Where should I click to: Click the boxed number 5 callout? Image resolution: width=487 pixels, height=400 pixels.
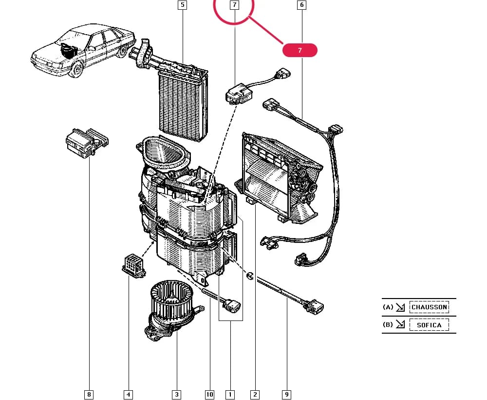pyautogui.click(x=182, y=5)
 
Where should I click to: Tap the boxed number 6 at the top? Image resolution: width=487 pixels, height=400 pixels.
pyautogui.click(x=301, y=5)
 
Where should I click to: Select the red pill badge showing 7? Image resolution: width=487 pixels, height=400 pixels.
pyautogui.click(x=300, y=50)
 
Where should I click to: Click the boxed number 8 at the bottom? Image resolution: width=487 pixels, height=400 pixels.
pyautogui.click(x=89, y=395)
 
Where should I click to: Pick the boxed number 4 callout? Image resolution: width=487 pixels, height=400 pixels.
pyautogui.click(x=128, y=395)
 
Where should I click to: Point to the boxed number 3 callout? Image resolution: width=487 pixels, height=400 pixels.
pyautogui.click(x=177, y=395)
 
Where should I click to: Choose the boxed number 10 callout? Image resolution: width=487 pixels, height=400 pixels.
pyautogui.click(x=209, y=395)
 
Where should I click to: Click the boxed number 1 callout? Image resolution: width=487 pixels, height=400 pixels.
pyautogui.click(x=230, y=395)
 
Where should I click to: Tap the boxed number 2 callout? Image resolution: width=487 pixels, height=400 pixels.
pyautogui.click(x=255, y=395)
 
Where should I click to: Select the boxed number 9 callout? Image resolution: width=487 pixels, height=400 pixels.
pyautogui.click(x=287, y=395)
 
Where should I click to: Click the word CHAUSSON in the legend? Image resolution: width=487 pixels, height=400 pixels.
pyautogui.click(x=429, y=307)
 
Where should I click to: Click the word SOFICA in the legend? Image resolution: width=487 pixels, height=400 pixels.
pyautogui.click(x=429, y=325)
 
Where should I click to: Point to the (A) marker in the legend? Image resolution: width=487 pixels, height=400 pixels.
pyautogui.click(x=388, y=307)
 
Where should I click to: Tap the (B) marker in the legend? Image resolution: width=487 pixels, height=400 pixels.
pyautogui.click(x=388, y=325)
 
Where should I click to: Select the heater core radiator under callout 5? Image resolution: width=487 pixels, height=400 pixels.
pyautogui.click(x=183, y=102)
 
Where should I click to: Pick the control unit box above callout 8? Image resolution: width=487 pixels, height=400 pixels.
pyautogui.click(x=87, y=143)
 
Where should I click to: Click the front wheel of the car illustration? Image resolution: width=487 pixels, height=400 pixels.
pyautogui.click(x=76, y=69)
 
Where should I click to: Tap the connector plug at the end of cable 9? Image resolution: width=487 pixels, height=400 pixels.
pyautogui.click(x=314, y=306)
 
